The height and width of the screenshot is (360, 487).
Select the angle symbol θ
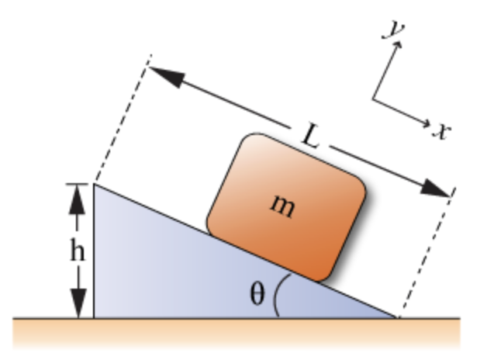(256, 296)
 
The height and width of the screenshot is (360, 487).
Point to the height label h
(78, 251)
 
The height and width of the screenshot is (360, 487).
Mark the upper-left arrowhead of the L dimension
(163, 75)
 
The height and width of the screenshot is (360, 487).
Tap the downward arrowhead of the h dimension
(77, 303)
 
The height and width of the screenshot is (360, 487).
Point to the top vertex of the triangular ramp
(95, 184)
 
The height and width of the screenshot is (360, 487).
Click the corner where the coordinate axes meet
(374, 99)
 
